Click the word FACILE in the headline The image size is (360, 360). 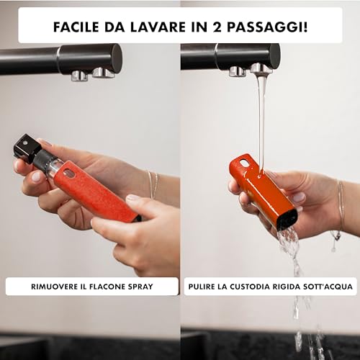pos(76,27)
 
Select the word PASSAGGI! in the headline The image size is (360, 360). pos(267,27)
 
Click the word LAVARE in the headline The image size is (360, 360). pos(158,27)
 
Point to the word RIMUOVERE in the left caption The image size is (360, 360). pos(54,287)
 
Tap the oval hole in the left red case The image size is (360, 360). pos(69,174)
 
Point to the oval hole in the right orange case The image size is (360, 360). pos(244,163)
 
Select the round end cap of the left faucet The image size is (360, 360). pos(117,59)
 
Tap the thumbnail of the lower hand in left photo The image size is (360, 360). pos(132,197)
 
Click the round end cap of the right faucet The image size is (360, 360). pos(275,58)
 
